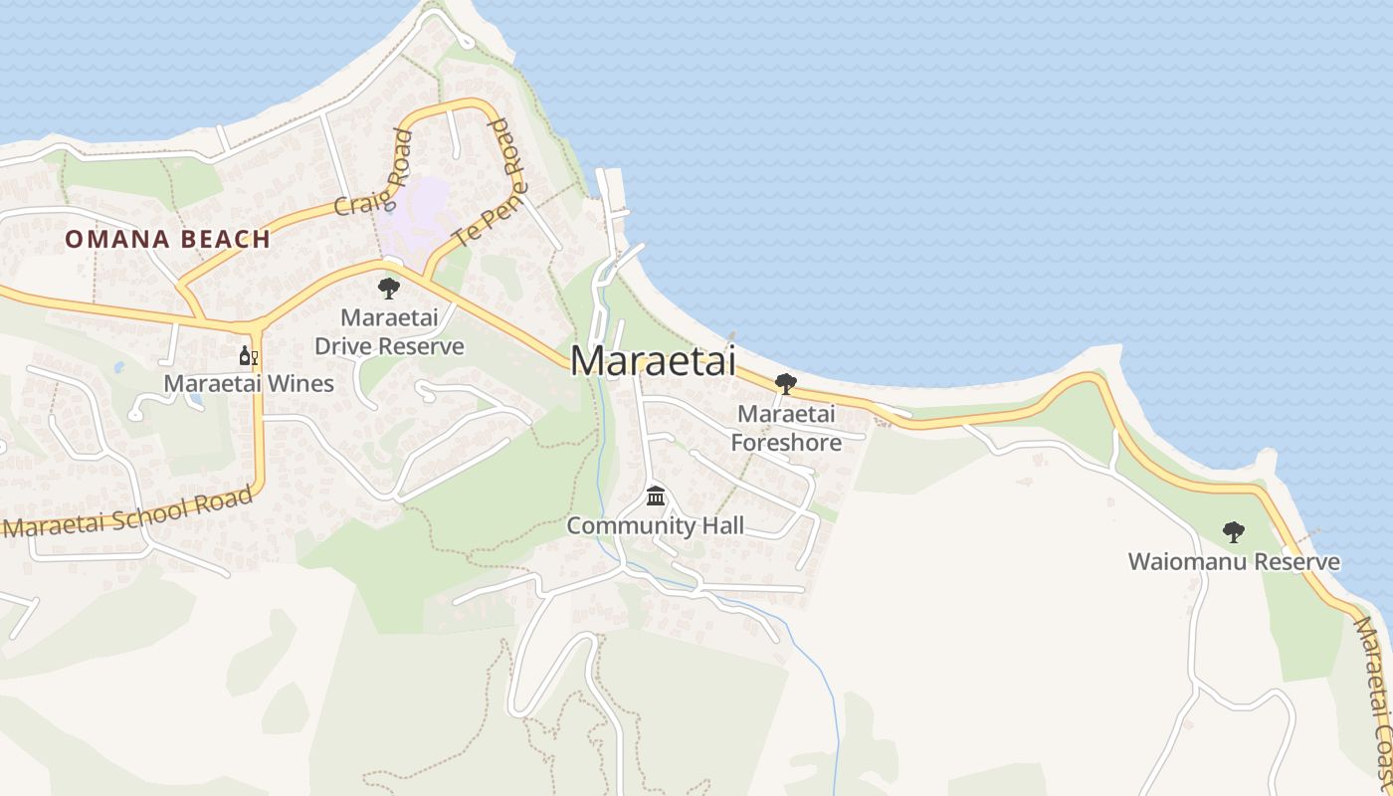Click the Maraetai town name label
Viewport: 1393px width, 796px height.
click(653, 360)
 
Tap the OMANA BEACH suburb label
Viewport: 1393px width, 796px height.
click(168, 239)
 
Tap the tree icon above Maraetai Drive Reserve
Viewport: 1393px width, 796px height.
click(388, 289)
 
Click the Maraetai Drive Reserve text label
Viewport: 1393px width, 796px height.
click(389, 332)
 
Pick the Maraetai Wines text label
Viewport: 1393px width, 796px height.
click(249, 383)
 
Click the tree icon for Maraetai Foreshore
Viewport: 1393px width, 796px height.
click(785, 384)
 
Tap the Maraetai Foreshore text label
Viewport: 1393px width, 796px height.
click(786, 428)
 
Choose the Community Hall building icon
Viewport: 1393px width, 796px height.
click(655, 496)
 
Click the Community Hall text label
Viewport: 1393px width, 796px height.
click(655, 526)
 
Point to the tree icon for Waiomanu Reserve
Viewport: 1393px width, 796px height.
click(1233, 532)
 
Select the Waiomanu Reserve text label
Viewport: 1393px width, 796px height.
click(1233, 562)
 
